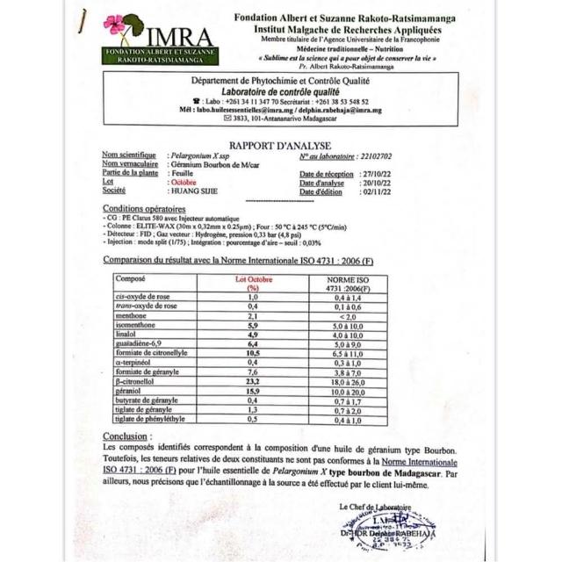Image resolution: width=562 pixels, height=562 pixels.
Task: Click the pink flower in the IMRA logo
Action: tap(114, 25)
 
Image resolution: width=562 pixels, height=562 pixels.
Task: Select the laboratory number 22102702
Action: tap(375, 156)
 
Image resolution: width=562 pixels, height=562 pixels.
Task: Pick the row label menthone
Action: tap(133, 315)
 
